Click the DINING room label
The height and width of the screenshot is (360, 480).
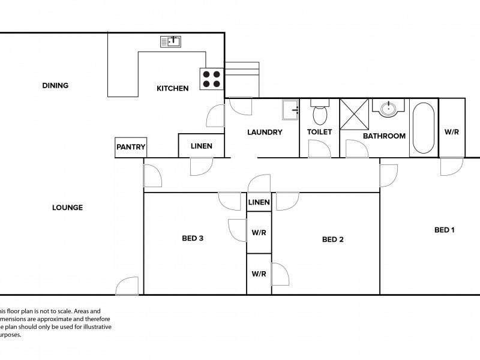point(55,85)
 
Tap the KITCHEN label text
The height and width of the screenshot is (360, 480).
point(172,88)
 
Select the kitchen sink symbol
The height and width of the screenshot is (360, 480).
point(171,41)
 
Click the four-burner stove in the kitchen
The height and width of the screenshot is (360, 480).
point(210,79)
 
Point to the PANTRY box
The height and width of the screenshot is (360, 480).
point(131,147)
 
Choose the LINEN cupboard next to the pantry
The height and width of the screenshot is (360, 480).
point(201,146)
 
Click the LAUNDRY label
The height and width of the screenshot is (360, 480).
point(265,132)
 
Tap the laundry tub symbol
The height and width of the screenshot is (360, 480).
point(290,109)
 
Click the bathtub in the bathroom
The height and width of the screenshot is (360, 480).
point(423,128)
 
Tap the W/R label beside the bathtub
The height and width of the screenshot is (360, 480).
point(452,131)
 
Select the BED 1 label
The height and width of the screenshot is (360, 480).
point(445,230)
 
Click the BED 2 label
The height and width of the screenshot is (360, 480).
point(332,239)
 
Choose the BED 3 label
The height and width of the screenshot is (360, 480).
point(193,238)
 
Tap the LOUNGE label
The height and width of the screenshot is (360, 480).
point(67,208)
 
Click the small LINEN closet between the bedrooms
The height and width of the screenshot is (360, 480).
point(259,202)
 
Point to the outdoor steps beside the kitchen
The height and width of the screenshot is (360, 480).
point(242,78)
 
